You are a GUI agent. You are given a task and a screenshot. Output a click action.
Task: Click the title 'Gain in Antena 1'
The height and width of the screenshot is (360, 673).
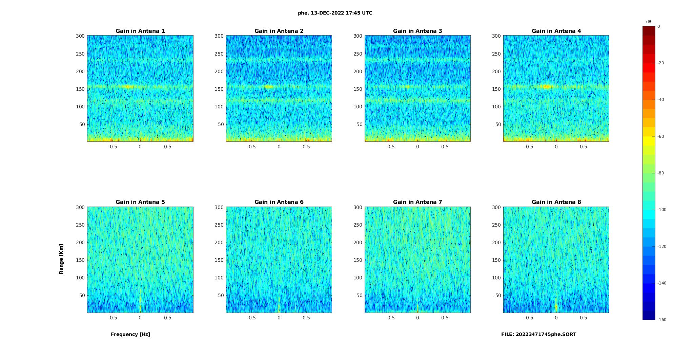pyautogui.click(x=140, y=31)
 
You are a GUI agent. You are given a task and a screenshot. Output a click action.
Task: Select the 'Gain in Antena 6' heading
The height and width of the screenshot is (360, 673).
pyautogui.click(x=279, y=202)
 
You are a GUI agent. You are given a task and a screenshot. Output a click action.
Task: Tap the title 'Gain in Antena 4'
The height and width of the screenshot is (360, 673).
pyautogui.click(x=556, y=31)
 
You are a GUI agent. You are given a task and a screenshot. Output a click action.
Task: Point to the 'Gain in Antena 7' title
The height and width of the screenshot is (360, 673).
pyautogui.click(x=417, y=202)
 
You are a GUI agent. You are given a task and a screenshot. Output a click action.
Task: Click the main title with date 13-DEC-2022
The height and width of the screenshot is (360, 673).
pyautogui.click(x=335, y=13)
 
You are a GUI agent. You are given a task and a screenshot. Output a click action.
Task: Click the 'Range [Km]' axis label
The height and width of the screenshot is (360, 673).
pyautogui.click(x=61, y=259)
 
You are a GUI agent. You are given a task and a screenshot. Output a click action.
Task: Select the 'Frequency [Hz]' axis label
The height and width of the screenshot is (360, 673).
pyautogui.click(x=130, y=334)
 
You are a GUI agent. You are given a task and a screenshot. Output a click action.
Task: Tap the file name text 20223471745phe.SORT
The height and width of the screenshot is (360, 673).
pyautogui.click(x=538, y=334)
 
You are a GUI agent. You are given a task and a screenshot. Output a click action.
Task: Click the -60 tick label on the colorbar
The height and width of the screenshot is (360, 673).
pyautogui.click(x=660, y=136)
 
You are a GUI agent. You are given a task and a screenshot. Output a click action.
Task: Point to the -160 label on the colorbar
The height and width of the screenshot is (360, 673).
pyautogui.click(x=661, y=320)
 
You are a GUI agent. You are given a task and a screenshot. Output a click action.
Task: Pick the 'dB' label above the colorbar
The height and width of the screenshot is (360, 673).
pyautogui.click(x=649, y=22)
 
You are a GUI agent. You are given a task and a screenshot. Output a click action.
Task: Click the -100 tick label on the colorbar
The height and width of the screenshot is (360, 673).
pyautogui.click(x=661, y=210)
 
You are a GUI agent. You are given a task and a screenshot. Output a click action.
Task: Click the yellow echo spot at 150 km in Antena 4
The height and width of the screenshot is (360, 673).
pyautogui.click(x=546, y=87)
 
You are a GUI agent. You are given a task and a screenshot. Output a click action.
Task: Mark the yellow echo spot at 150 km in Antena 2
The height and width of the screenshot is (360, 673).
pyautogui.click(x=268, y=87)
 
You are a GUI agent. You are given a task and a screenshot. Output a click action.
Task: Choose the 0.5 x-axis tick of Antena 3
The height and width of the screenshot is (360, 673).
pyautogui.click(x=445, y=147)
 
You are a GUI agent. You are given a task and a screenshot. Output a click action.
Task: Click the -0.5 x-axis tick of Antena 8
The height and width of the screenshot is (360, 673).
pyautogui.click(x=529, y=318)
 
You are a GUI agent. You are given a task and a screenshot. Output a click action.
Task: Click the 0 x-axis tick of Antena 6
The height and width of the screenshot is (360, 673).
pyautogui.click(x=279, y=318)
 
